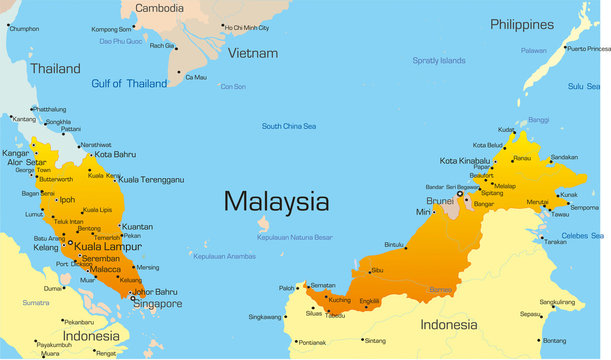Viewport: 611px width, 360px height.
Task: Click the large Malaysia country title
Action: click(276, 201)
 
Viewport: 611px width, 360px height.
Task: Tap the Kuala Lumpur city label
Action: click(108, 247)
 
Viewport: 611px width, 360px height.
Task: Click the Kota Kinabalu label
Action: click(466, 161)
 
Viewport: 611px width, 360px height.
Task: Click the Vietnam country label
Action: click(250, 53)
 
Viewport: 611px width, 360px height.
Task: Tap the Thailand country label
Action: click(55, 69)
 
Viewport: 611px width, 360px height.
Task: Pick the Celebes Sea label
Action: click(582, 236)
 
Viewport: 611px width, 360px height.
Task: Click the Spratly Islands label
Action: click(440, 61)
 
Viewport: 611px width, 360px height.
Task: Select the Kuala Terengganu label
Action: click(151, 180)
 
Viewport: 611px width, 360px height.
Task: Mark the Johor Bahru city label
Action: click(155, 292)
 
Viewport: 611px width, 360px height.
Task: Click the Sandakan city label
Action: click(564, 157)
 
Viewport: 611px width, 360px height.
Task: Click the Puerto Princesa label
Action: click(588, 47)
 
